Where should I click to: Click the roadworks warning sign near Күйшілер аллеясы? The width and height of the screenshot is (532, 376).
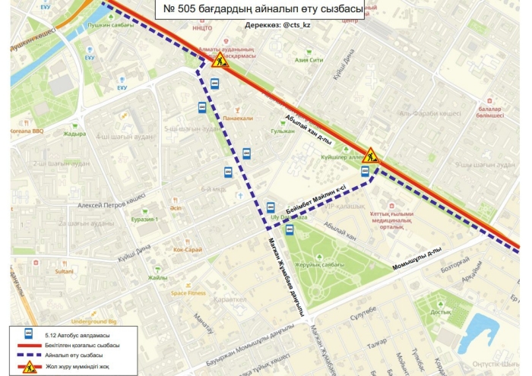click(x=370, y=155)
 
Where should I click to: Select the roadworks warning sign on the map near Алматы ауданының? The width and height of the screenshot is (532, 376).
click(x=220, y=59)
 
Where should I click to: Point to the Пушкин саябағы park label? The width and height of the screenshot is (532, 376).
click(x=111, y=24)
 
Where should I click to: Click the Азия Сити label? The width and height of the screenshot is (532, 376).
click(x=309, y=59)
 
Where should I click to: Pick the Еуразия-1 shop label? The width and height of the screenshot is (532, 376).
click(x=144, y=220)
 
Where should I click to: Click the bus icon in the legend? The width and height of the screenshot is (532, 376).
click(x=28, y=333)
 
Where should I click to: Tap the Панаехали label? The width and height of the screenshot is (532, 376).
click(x=238, y=118)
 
